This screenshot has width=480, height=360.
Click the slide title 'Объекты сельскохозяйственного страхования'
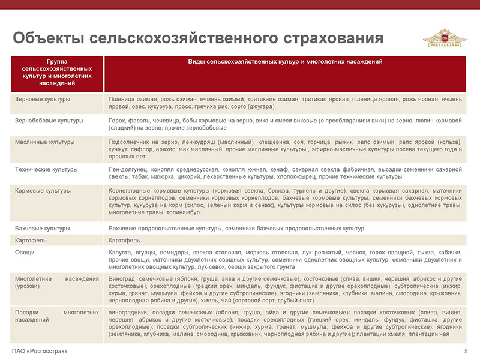[198, 38]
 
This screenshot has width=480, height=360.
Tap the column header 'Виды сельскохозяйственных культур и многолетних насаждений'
[285, 62]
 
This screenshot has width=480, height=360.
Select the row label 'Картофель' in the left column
[29, 241]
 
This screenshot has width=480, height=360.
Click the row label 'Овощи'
[25, 253]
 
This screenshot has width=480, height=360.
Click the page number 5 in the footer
[466, 351]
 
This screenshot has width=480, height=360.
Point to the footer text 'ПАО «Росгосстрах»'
[39, 351]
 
